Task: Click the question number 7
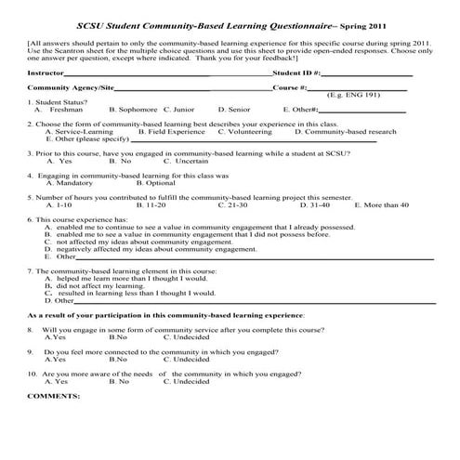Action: (x=30, y=270)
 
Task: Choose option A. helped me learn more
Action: (x=130, y=278)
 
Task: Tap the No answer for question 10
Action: (x=119, y=381)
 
